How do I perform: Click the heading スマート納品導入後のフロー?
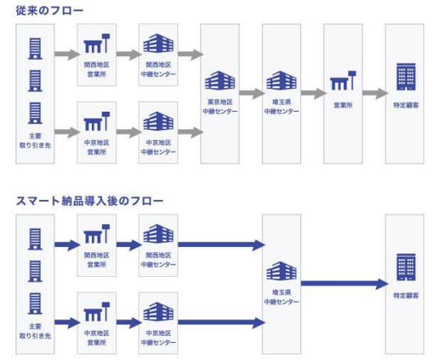coord(90,201)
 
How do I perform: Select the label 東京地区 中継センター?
coord(220,106)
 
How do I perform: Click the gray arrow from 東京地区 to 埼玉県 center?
coord(251,93)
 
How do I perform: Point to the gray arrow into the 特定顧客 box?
coord(374,93)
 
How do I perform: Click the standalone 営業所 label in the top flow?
coord(343,106)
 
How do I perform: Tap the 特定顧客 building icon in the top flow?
coord(404,76)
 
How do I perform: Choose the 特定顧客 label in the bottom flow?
coord(404,294)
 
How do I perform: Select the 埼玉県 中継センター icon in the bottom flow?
coord(281,271)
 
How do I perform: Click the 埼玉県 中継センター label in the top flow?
coord(281,106)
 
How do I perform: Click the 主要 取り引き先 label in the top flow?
coord(35,139)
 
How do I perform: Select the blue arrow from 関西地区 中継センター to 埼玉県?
coord(221,245)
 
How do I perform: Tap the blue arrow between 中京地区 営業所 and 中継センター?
coord(128,322)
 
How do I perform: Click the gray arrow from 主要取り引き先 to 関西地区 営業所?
coord(66,54)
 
